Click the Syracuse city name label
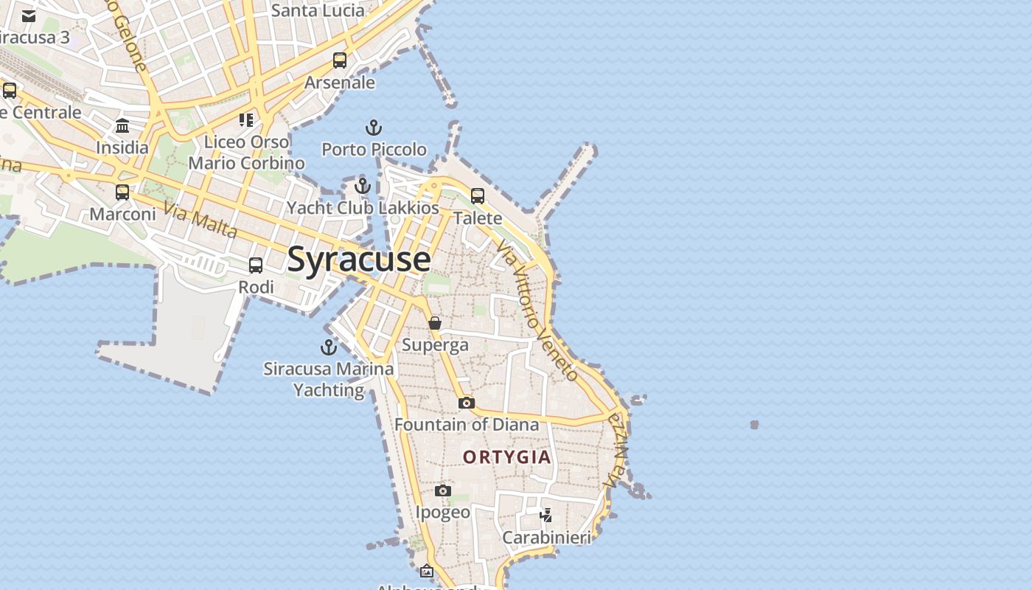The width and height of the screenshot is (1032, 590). pyautogui.click(x=359, y=260)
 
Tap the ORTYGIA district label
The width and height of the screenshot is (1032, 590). pyautogui.click(x=507, y=457)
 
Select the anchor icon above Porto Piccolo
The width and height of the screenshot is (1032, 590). pyautogui.click(x=374, y=128)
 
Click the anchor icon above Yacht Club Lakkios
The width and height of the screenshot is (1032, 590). pyautogui.click(x=362, y=186)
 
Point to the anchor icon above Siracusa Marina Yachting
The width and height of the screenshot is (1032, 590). pyautogui.click(x=328, y=347)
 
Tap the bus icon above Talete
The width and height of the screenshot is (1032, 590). pyautogui.click(x=478, y=196)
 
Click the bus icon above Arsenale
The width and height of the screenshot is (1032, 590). pyautogui.click(x=340, y=60)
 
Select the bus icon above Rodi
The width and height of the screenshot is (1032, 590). pyautogui.click(x=256, y=265)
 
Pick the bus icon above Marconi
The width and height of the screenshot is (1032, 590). pyautogui.click(x=122, y=192)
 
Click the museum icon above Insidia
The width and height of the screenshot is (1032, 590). pyautogui.click(x=122, y=126)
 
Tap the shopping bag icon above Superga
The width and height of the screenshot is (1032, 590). pyautogui.click(x=435, y=323)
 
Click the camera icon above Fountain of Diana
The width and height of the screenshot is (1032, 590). pyautogui.click(x=466, y=403)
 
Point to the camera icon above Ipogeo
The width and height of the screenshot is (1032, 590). pyautogui.click(x=442, y=490)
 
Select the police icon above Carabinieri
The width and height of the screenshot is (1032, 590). pyautogui.click(x=546, y=515)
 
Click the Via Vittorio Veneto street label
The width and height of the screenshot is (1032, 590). pyautogui.click(x=537, y=310)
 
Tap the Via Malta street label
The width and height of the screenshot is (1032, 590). pyautogui.click(x=201, y=220)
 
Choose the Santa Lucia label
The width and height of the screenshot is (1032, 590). pyautogui.click(x=318, y=10)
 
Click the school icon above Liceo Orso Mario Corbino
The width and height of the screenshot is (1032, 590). pyautogui.click(x=246, y=119)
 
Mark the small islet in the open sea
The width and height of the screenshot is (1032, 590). pyautogui.click(x=754, y=425)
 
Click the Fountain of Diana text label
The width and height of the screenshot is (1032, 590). pyautogui.click(x=467, y=425)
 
